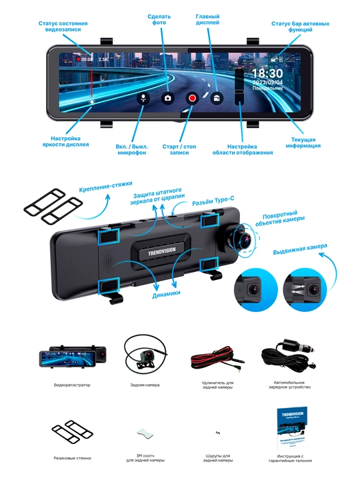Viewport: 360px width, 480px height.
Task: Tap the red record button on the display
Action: pos(192,98)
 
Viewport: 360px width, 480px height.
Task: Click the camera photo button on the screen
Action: pos(167,98)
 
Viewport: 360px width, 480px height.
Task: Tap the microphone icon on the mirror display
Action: pos(143,98)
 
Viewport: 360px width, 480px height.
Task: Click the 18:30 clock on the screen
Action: pos(267,73)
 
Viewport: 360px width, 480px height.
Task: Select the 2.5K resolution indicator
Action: pos(103,59)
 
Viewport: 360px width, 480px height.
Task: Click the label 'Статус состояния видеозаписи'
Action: pos(63,26)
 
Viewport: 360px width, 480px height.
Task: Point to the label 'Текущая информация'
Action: pos(303,143)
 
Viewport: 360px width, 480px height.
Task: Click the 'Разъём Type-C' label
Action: pos(213,201)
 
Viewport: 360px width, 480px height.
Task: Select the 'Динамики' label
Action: pos(166,294)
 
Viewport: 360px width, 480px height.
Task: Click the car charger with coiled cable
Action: pos(289,355)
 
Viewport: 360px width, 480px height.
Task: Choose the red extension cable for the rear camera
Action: pos(217,358)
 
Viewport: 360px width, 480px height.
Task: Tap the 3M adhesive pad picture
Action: pos(145,434)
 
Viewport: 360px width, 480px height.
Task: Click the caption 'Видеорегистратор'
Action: pos(72,385)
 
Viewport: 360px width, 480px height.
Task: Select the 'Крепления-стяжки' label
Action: pos(105,187)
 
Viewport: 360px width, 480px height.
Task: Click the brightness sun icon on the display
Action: pos(91,102)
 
